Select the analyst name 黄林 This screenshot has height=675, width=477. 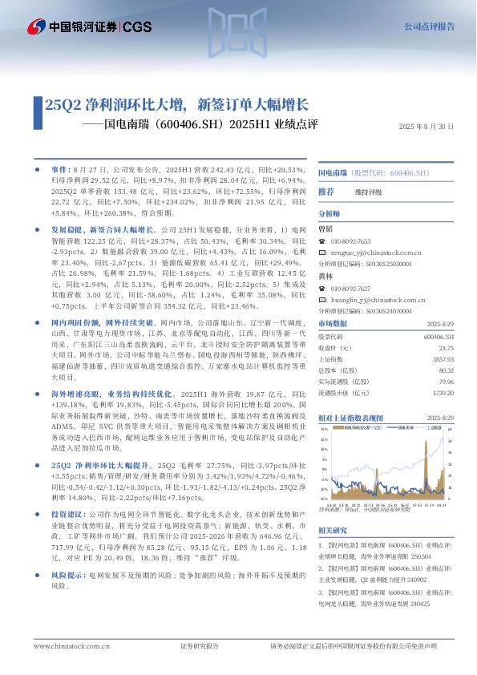325,276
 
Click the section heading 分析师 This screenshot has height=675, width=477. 329,214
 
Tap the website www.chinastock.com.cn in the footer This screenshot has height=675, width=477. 67,646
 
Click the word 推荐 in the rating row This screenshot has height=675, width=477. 325,192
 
